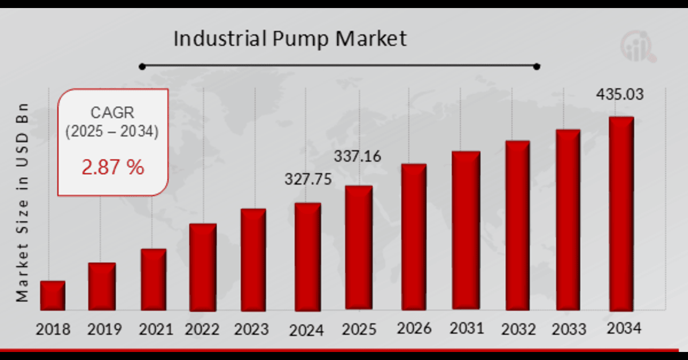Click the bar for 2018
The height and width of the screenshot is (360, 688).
coord(52,296)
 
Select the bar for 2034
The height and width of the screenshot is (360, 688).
coord(621,214)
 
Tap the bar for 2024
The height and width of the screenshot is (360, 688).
coord(308,257)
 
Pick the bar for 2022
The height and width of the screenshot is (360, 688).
coord(203,267)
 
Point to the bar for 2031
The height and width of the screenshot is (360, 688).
coord(466,230)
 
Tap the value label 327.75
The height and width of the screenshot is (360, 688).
coord(308,179)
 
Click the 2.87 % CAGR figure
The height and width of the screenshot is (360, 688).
coord(113,167)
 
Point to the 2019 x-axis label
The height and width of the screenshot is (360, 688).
coord(104,330)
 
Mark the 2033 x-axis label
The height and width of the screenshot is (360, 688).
coord(569,330)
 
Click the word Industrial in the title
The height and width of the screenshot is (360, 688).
coord(219,39)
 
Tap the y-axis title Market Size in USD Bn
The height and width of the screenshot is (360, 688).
coord(22,203)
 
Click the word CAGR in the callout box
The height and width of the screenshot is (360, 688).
coord(112,112)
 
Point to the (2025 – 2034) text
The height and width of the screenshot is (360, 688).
coord(112,132)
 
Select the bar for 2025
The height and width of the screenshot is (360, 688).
coord(358,248)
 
